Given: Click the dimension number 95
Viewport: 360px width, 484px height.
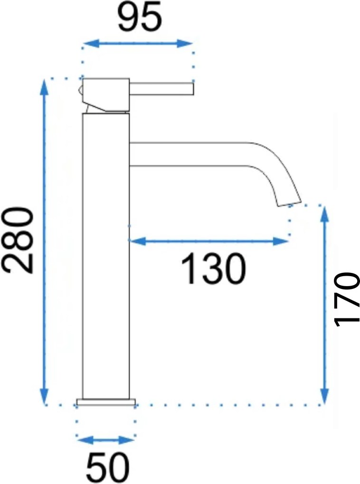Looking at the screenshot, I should pyautogui.click(x=140, y=18).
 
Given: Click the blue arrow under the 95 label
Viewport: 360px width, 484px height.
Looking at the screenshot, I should pyautogui.click(x=137, y=44).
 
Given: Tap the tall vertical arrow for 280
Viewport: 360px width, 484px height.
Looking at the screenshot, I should pyautogui.click(x=44, y=241).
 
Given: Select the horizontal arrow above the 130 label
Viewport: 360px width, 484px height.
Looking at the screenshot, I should pyautogui.click(x=209, y=242).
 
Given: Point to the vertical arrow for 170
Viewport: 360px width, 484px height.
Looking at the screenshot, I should pyautogui.click(x=325, y=304).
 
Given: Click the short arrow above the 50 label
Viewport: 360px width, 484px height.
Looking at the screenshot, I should pyautogui.click(x=106, y=440).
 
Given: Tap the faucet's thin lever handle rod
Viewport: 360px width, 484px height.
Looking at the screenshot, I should pyautogui.click(x=161, y=88).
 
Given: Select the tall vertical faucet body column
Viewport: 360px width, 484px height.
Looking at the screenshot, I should pyautogui.click(x=106, y=256).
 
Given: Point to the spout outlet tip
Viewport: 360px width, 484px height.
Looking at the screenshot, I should pyautogui.click(x=289, y=203).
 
